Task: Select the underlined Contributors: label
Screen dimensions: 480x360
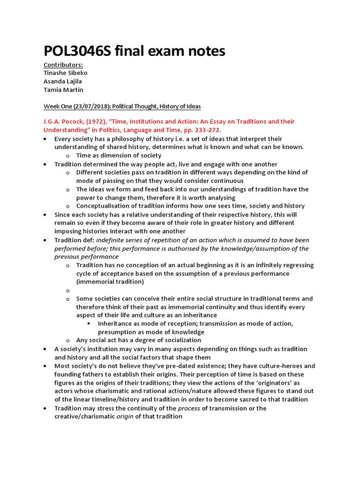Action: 63,65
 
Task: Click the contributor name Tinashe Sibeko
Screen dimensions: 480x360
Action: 66,73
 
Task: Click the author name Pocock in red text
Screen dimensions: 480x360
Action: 70,121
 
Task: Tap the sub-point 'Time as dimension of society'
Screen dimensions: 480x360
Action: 119,156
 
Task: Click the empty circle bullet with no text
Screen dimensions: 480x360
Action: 68,291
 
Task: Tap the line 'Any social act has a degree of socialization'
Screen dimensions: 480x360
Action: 139,340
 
